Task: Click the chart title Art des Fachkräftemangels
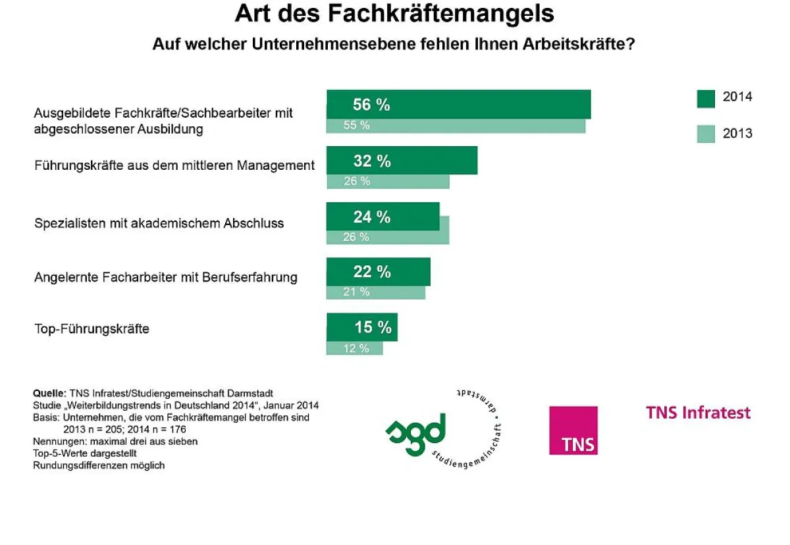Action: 394,14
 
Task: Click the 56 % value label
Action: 371,105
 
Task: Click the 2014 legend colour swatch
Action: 706,97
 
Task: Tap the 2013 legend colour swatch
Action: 706,134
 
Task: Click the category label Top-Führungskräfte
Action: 92,328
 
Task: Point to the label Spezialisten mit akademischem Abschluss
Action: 159,223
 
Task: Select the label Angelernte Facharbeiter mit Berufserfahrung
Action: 165,277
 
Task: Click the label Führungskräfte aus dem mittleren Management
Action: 174,165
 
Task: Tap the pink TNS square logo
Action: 573,430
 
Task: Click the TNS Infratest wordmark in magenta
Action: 698,413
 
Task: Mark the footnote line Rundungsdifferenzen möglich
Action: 99,465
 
